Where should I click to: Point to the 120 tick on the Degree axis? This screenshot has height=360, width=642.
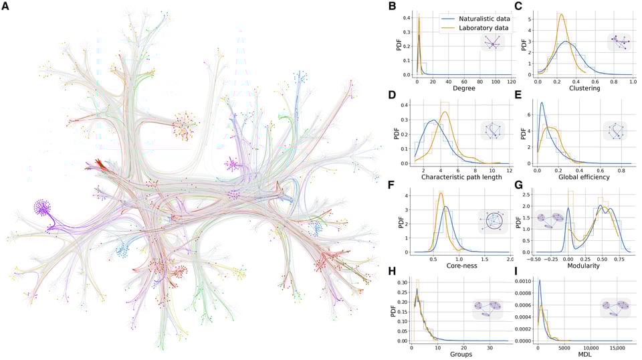click(511, 80)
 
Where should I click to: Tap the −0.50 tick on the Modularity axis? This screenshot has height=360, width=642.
click(534, 258)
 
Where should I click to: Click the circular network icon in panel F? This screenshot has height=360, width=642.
click(494, 221)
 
